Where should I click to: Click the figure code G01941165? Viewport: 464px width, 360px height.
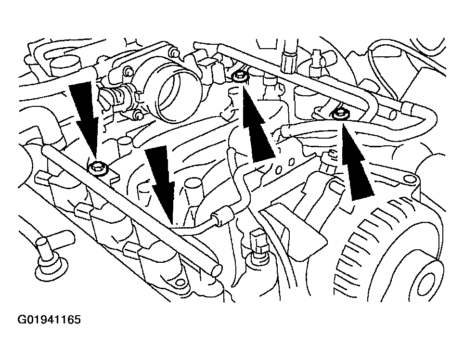[x=49, y=320]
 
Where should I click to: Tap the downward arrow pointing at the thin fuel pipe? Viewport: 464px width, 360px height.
[x=161, y=183]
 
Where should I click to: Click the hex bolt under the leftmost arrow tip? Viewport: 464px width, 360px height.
[x=97, y=168]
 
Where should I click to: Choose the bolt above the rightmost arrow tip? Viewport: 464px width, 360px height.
[x=339, y=114]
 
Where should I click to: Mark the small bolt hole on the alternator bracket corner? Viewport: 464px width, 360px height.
[x=409, y=179]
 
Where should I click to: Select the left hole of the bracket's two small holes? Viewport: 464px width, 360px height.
[x=279, y=170]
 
